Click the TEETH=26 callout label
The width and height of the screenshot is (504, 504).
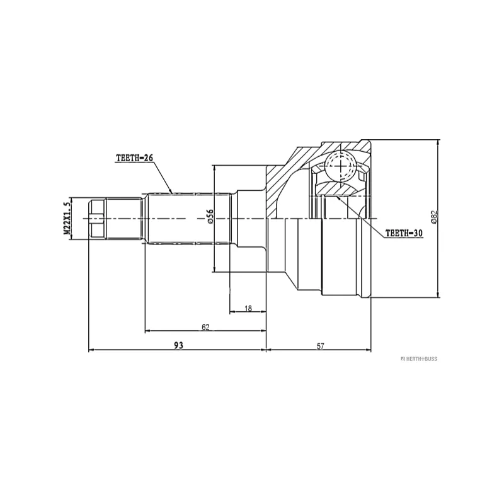pyautogui.click(x=135, y=157)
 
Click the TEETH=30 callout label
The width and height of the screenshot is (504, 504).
pyautogui.click(x=403, y=232)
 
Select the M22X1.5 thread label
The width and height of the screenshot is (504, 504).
pyautogui.click(x=66, y=219)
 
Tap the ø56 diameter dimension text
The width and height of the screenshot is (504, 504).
pyautogui.click(x=210, y=217)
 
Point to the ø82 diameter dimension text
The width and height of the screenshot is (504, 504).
pyautogui.click(x=433, y=217)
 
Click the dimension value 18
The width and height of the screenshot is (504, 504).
pyautogui.click(x=248, y=307)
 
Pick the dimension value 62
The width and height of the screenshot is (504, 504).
pyautogui.click(x=205, y=326)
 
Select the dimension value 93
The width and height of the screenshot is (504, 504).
pyautogui.click(x=178, y=345)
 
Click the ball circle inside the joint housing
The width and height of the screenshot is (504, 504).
pyautogui.click(x=340, y=166)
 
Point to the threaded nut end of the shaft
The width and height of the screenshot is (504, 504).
pyautogui.click(x=96, y=219)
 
